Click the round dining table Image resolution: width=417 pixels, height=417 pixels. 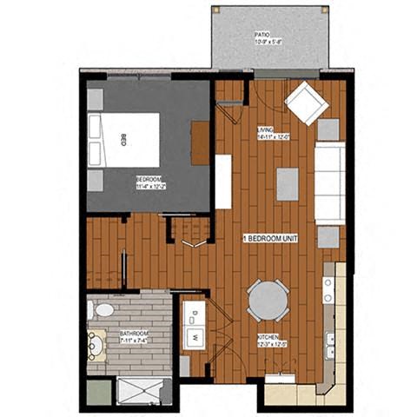[x=268, y=301]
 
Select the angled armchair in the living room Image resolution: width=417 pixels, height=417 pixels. [x=307, y=103]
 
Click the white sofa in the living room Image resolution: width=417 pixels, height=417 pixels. [x=329, y=182]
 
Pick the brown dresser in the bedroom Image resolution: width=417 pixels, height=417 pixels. [x=201, y=142]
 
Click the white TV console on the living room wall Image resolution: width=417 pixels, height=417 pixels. [x=223, y=181]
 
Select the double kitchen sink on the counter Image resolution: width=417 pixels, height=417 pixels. [x=330, y=345]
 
